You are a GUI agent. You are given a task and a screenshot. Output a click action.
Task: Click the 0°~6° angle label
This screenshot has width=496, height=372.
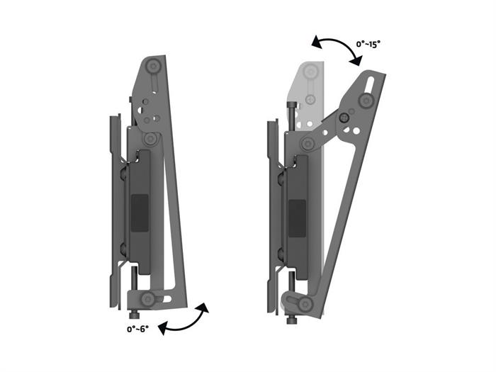coord(138,329)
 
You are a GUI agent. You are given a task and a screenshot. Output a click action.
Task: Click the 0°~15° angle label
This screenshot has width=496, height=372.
coord(368,44)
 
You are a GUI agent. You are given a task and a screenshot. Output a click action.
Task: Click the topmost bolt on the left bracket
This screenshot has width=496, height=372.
coord(154,67)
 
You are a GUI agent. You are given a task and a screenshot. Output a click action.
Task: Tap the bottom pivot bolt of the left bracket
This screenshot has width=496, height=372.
coord(147,299)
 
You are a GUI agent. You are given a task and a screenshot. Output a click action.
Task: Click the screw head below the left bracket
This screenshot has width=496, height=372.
coord(135,315)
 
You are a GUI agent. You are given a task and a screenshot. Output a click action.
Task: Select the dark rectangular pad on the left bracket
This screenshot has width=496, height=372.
coord(140,213)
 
